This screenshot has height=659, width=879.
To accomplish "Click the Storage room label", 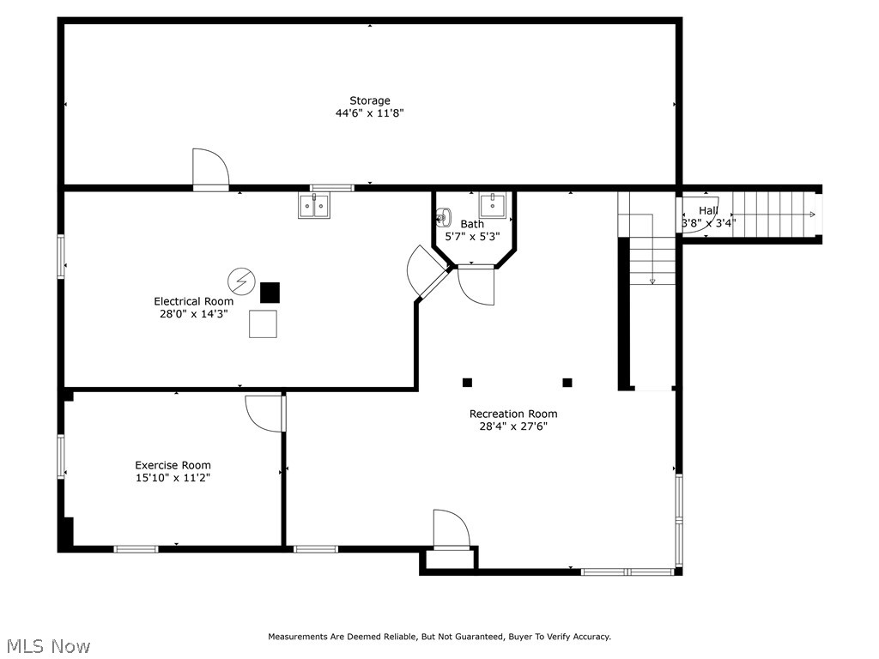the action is (x=369, y=101).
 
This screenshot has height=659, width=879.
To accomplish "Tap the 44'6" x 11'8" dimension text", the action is (x=369, y=113).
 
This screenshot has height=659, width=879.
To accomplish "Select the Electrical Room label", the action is (x=193, y=301).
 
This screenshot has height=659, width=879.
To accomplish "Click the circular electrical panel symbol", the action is (x=241, y=281).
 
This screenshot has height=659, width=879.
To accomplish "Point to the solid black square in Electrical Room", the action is (x=270, y=293).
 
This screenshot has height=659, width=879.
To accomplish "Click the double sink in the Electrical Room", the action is (x=314, y=206).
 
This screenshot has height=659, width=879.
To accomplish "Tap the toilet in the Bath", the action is (x=443, y=217).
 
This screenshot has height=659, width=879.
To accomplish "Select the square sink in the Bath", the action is (x=493, y=206).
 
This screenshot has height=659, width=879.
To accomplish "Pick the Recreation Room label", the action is (x=513, y=414).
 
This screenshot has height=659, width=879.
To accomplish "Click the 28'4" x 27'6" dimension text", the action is (x=513, y=426).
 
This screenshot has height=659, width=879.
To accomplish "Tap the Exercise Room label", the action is (x=173, y=465).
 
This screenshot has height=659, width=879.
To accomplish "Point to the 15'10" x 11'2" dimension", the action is (x=173, y=478).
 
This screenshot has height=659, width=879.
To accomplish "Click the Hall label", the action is (x=708, y=211).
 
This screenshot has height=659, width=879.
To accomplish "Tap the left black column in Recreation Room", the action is (x=467, y=383).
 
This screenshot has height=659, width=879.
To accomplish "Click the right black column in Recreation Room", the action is (x=567, y=383).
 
